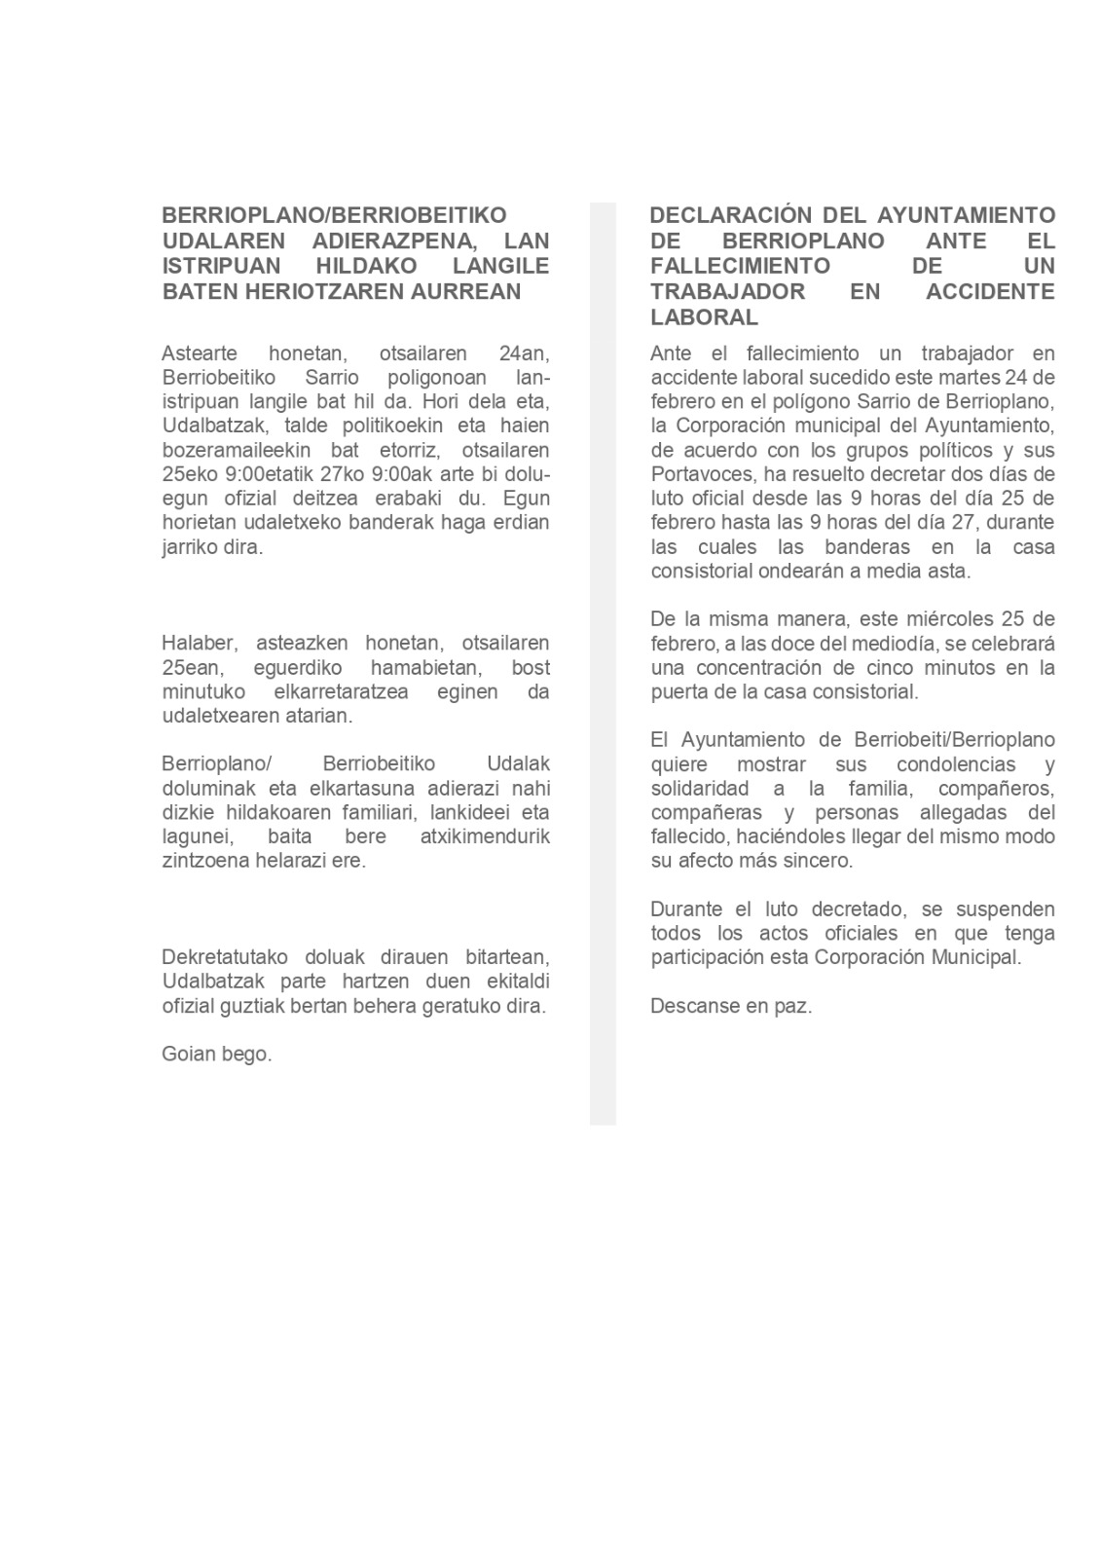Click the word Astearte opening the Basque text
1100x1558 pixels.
tap(199, 353)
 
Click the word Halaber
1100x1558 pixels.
tap(198, 644)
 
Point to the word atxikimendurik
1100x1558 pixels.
tap(485, 837)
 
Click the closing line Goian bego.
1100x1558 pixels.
tap(217, 1055)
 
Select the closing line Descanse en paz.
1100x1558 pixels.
tap(731, 1007)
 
